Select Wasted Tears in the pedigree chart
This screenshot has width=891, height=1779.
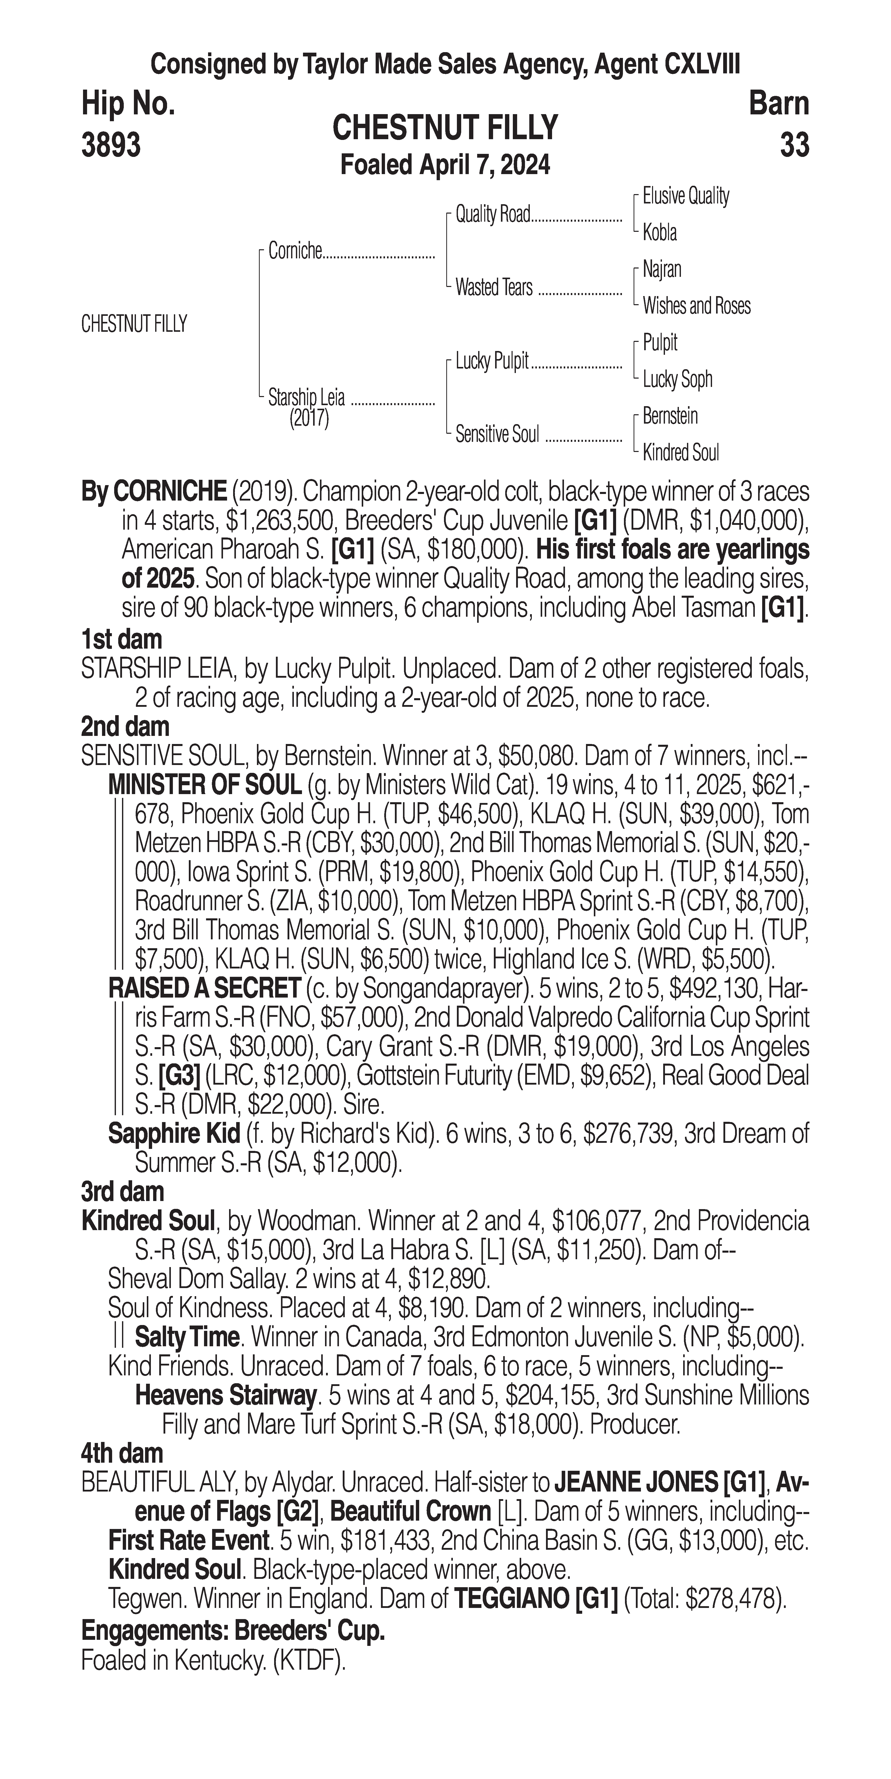(494, 287)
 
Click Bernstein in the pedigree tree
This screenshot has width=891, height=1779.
(670, 416)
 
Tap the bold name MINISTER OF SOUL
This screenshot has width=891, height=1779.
(205, 784)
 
